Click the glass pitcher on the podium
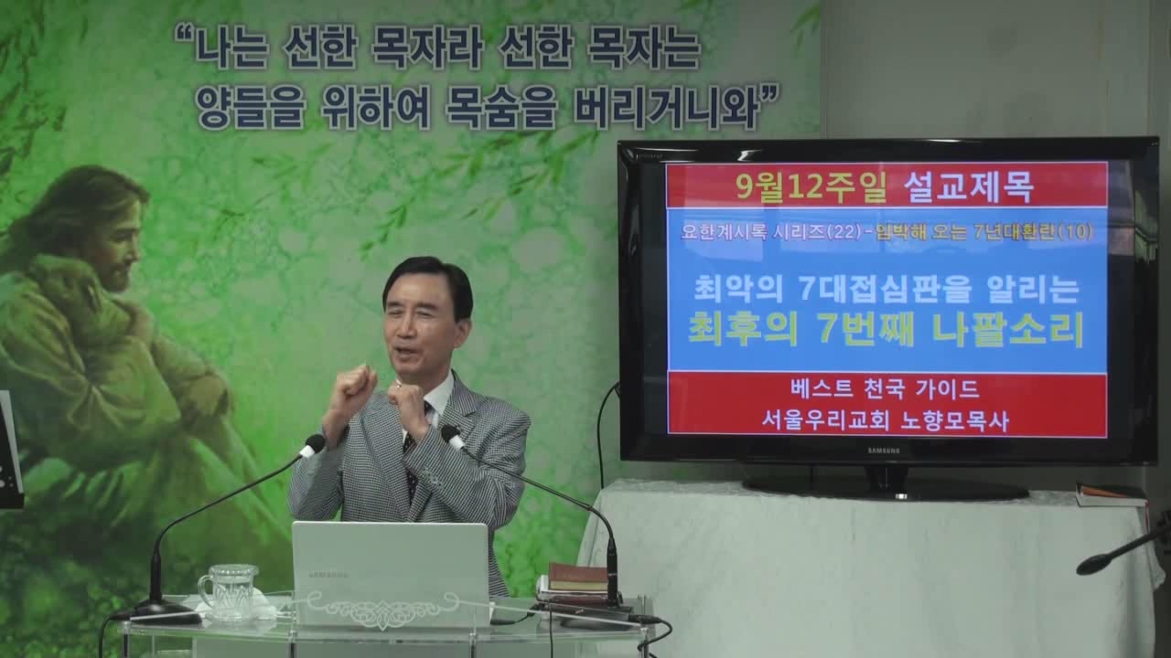229,593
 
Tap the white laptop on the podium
391,573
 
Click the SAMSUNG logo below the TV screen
884,451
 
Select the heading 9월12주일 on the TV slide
811,186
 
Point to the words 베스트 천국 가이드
885,389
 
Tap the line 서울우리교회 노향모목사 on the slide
885,420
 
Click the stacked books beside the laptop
575,585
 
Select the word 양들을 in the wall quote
251,110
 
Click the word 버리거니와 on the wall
665,110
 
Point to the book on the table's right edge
1111,496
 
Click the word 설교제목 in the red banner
968,186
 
